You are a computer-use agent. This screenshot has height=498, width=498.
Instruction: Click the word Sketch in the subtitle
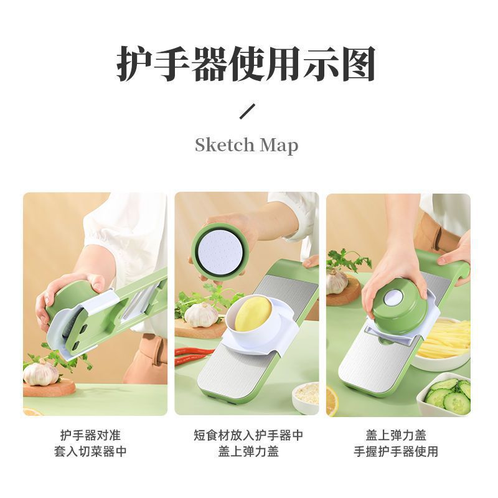click(225, 145)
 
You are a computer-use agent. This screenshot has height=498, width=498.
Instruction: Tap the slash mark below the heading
click(247, 111)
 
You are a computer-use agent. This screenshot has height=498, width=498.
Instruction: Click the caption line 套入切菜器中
click(90, 451)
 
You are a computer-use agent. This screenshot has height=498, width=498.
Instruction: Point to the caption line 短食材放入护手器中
click(248, 435)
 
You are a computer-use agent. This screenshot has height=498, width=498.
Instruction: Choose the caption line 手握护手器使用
click(396, 451)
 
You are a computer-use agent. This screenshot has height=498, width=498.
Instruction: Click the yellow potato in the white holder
click(253, 316)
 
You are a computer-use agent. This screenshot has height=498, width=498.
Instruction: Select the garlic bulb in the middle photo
click(201, 314)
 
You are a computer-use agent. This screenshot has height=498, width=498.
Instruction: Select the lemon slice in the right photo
click(332, 401)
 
